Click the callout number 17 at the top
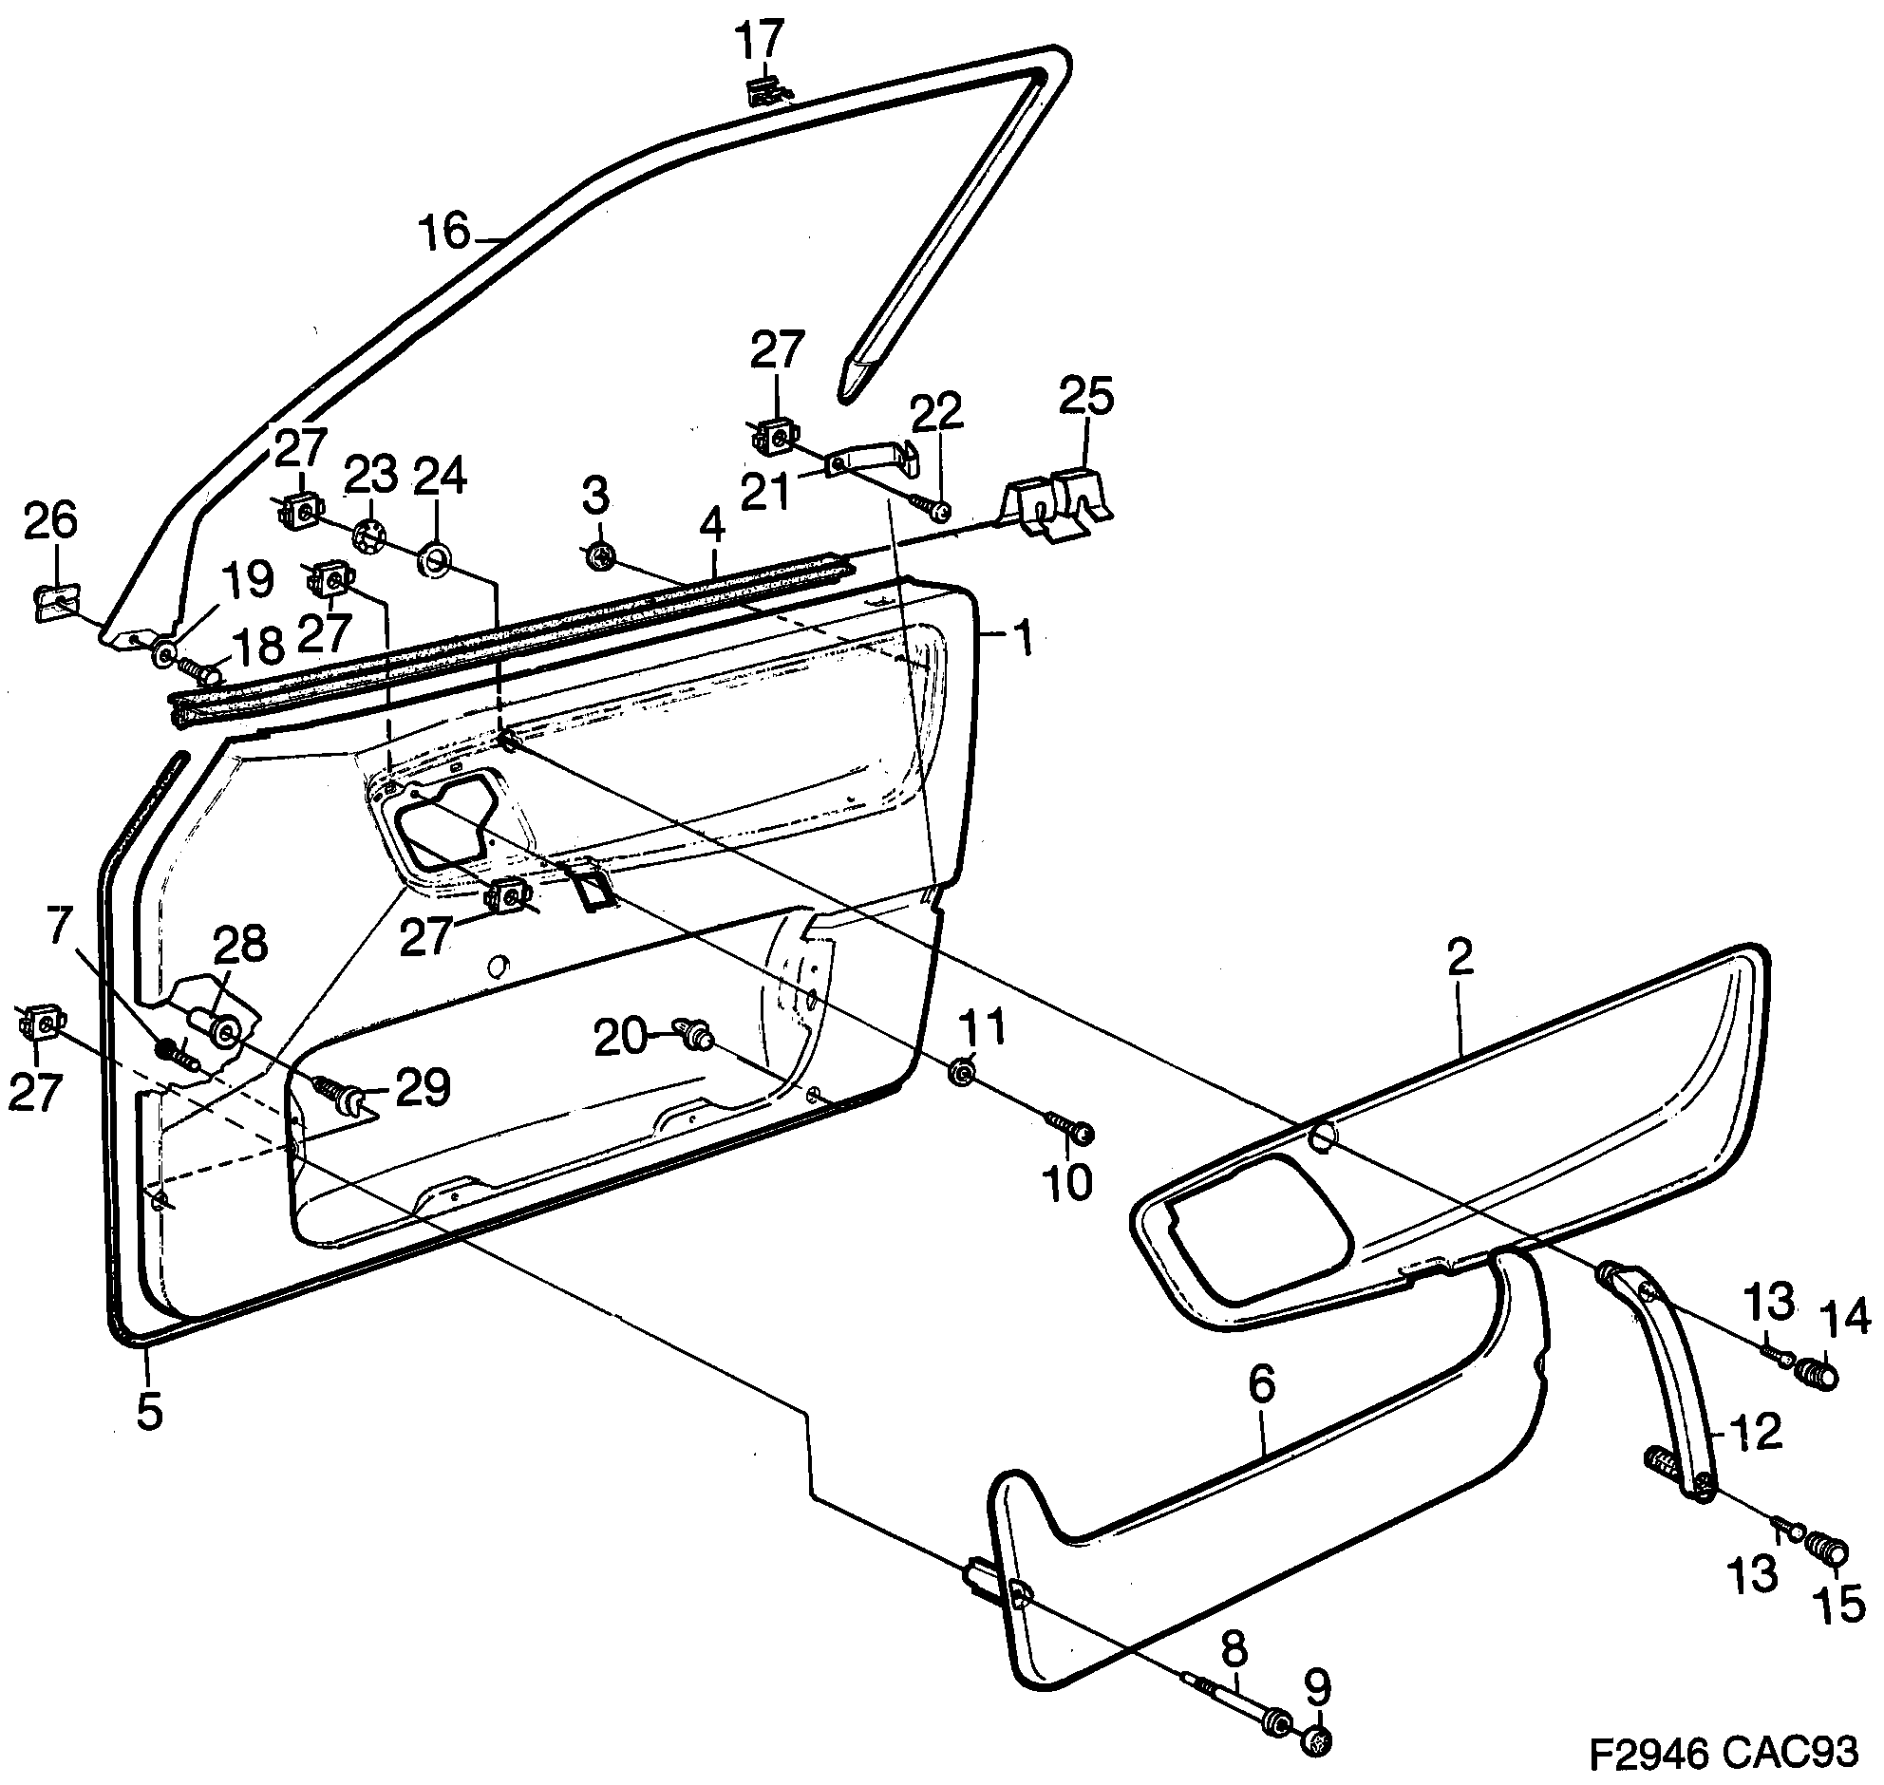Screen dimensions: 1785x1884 coord(762,41)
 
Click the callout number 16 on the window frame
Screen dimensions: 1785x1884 coord(445,232)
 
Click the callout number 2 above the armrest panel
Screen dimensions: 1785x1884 coord(1460,956)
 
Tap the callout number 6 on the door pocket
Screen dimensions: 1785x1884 coord(1261,1385)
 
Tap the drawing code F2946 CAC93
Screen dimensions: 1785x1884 coord(1724,1752)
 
